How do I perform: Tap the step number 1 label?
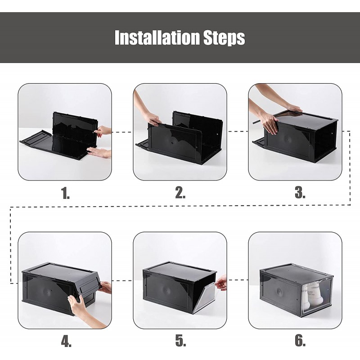65,193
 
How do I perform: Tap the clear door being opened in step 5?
206,298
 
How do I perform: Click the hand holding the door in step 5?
221,283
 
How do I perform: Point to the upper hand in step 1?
103,131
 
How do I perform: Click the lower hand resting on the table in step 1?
99,153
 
